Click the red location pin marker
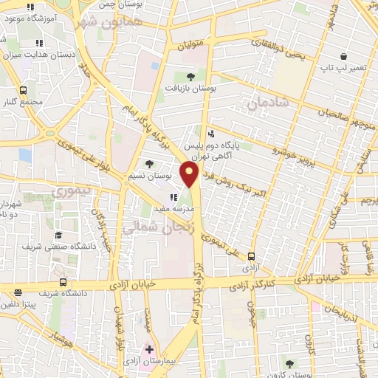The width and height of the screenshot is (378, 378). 190,175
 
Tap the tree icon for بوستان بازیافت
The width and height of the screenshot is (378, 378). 190,76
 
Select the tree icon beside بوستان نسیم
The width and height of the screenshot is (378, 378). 151,164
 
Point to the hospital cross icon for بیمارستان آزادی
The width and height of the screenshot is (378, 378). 149,348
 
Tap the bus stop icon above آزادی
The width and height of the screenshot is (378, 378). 252,258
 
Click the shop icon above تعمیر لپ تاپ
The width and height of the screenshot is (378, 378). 343,56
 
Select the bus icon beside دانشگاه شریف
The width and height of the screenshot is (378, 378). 62,282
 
